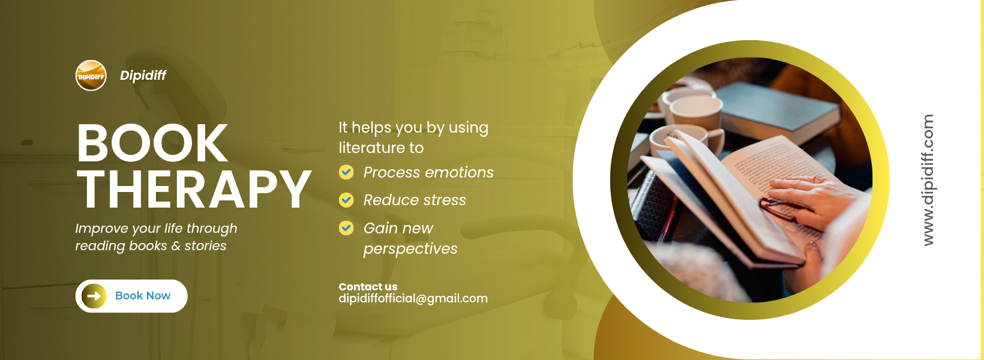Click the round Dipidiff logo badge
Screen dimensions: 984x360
pos(91,76)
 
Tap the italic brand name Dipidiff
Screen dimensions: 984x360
pos(143,75)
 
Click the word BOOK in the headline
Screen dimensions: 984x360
pos(152,143)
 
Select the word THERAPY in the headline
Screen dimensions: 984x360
pos(194,189)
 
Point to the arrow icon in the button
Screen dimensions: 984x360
pos(94,296)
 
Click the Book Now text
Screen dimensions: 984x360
pos(143,295)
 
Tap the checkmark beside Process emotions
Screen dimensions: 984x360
pos(346,172)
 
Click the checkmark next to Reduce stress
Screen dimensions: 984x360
pos(346,200)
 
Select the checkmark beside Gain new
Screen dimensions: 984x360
pos(346,228)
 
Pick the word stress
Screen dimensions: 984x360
pos(442,200)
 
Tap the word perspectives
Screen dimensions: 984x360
pos(410,249)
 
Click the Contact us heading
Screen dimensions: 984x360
pos(368,287)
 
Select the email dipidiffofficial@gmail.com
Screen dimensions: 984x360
pos(413,299)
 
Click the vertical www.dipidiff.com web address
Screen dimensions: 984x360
pos(928,180)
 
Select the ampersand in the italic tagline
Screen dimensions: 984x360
pos(176,246)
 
